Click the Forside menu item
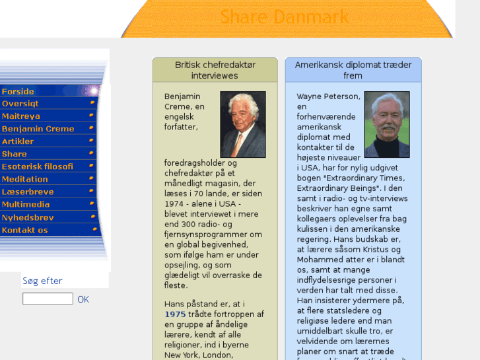coord(18,91)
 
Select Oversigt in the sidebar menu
coord(20,104)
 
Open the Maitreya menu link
coord(21,116)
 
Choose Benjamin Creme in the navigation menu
coord(38,129)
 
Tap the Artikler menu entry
coord(18,141)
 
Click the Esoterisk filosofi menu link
coord(38,166)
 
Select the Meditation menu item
coord(25,179)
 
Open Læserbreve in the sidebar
coord(28,192)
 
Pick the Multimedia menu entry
coord(26,204)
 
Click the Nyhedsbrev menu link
coord(28,217)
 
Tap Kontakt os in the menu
coord(25,231)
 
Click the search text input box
coord(48,299)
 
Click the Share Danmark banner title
coord(285,17)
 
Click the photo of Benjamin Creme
coord(242,124)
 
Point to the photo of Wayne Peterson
coord(386,124)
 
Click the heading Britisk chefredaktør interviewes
coord(215,70)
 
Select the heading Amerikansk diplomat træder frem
coord(353,70)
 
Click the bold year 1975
coord(176,314)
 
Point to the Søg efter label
coord(42,281)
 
